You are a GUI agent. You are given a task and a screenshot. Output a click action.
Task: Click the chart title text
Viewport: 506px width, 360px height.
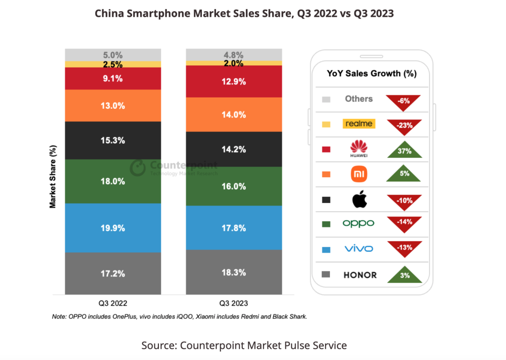[x=244, y=14]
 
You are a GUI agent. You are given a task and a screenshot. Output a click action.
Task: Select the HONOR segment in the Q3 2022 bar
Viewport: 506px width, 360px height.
[x=113, y=273]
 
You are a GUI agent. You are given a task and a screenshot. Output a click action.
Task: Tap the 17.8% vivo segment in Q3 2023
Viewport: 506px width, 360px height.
[x=234, y=227]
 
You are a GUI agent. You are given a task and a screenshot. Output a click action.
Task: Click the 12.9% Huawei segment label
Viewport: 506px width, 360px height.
[x=234, y=82]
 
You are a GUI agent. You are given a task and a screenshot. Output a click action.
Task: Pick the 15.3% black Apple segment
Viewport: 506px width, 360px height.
[x=113, y=140]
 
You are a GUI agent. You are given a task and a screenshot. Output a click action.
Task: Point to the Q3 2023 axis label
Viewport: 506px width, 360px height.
[x=233, y=303]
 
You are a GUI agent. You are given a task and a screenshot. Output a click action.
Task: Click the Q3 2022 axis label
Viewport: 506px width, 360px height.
[x=113, y=303]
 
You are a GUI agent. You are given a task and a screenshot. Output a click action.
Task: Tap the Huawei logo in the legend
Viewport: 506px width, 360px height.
[x=359, y=149]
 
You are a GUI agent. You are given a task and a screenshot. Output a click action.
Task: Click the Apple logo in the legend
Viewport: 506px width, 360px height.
[x=359, y=200]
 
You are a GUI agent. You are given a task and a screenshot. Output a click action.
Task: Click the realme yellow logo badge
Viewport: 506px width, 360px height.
[x=359, y=124]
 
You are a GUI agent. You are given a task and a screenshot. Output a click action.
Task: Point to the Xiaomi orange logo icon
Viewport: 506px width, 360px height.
[x=359, y=174]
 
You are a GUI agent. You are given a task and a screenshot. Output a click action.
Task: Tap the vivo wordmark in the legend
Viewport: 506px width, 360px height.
[x=359, y=249]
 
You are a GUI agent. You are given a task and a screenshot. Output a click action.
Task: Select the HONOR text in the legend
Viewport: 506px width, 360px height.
[x=360, y=275]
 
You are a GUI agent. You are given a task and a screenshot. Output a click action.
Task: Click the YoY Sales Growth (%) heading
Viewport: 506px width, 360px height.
[x=372, y=74]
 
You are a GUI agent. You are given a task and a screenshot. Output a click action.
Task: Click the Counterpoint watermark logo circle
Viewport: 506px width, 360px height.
[x=138, y=167]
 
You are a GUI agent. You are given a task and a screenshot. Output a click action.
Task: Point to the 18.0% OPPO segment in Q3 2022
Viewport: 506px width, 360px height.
[x=113, y=181]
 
